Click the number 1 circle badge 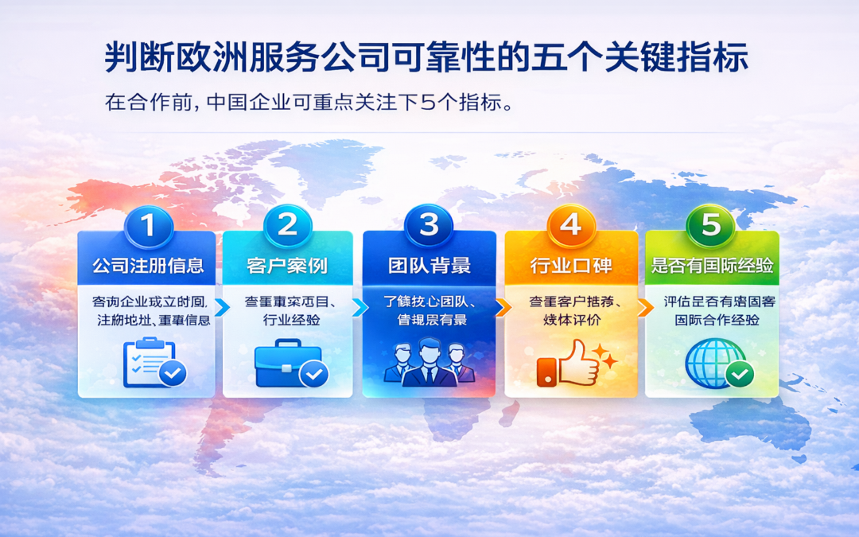pos(147,226)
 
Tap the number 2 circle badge pos(287,226)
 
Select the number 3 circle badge pos(429,226)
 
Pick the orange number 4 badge pos(570,226)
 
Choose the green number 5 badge pos(711,226)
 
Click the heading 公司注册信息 pos(147,266)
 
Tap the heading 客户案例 pos(287,266)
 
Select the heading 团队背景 pos(429,266)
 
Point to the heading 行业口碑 pos(570,266)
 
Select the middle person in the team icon pos(429,362)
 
